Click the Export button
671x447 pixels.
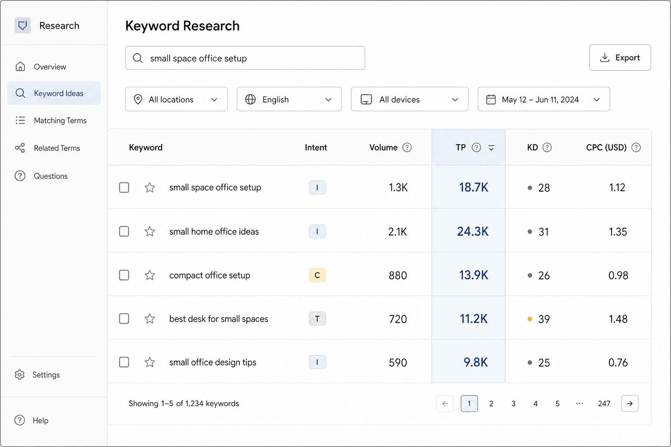620,58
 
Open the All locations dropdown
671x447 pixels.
176,99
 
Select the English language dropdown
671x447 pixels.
289,99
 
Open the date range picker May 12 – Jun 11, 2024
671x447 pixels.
544,99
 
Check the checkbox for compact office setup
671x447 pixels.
124,275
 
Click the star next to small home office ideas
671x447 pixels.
150,231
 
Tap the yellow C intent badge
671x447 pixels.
317,275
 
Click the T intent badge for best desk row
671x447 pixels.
317,319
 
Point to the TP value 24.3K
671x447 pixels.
473,231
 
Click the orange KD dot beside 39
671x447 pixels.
530,319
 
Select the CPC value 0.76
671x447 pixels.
618,363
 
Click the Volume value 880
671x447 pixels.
398,275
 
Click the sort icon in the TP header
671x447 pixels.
491,148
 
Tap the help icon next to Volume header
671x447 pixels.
407,147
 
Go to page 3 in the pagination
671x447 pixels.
513,404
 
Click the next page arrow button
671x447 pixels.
629,404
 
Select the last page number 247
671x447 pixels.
604,404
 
